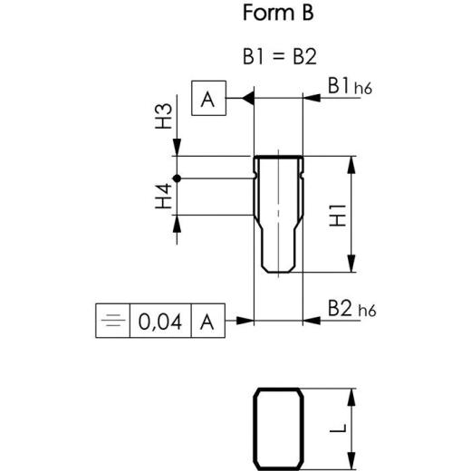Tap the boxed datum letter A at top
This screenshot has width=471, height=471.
tap(208, 100)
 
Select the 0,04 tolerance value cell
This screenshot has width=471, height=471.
tap(159, 321)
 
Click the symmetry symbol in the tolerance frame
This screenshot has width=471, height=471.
tap(112, 321)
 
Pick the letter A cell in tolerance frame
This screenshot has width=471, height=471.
tap(207, 321)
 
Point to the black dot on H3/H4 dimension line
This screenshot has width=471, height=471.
tap(178, 178)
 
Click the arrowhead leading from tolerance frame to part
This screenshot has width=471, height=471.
tap(245, 321)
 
